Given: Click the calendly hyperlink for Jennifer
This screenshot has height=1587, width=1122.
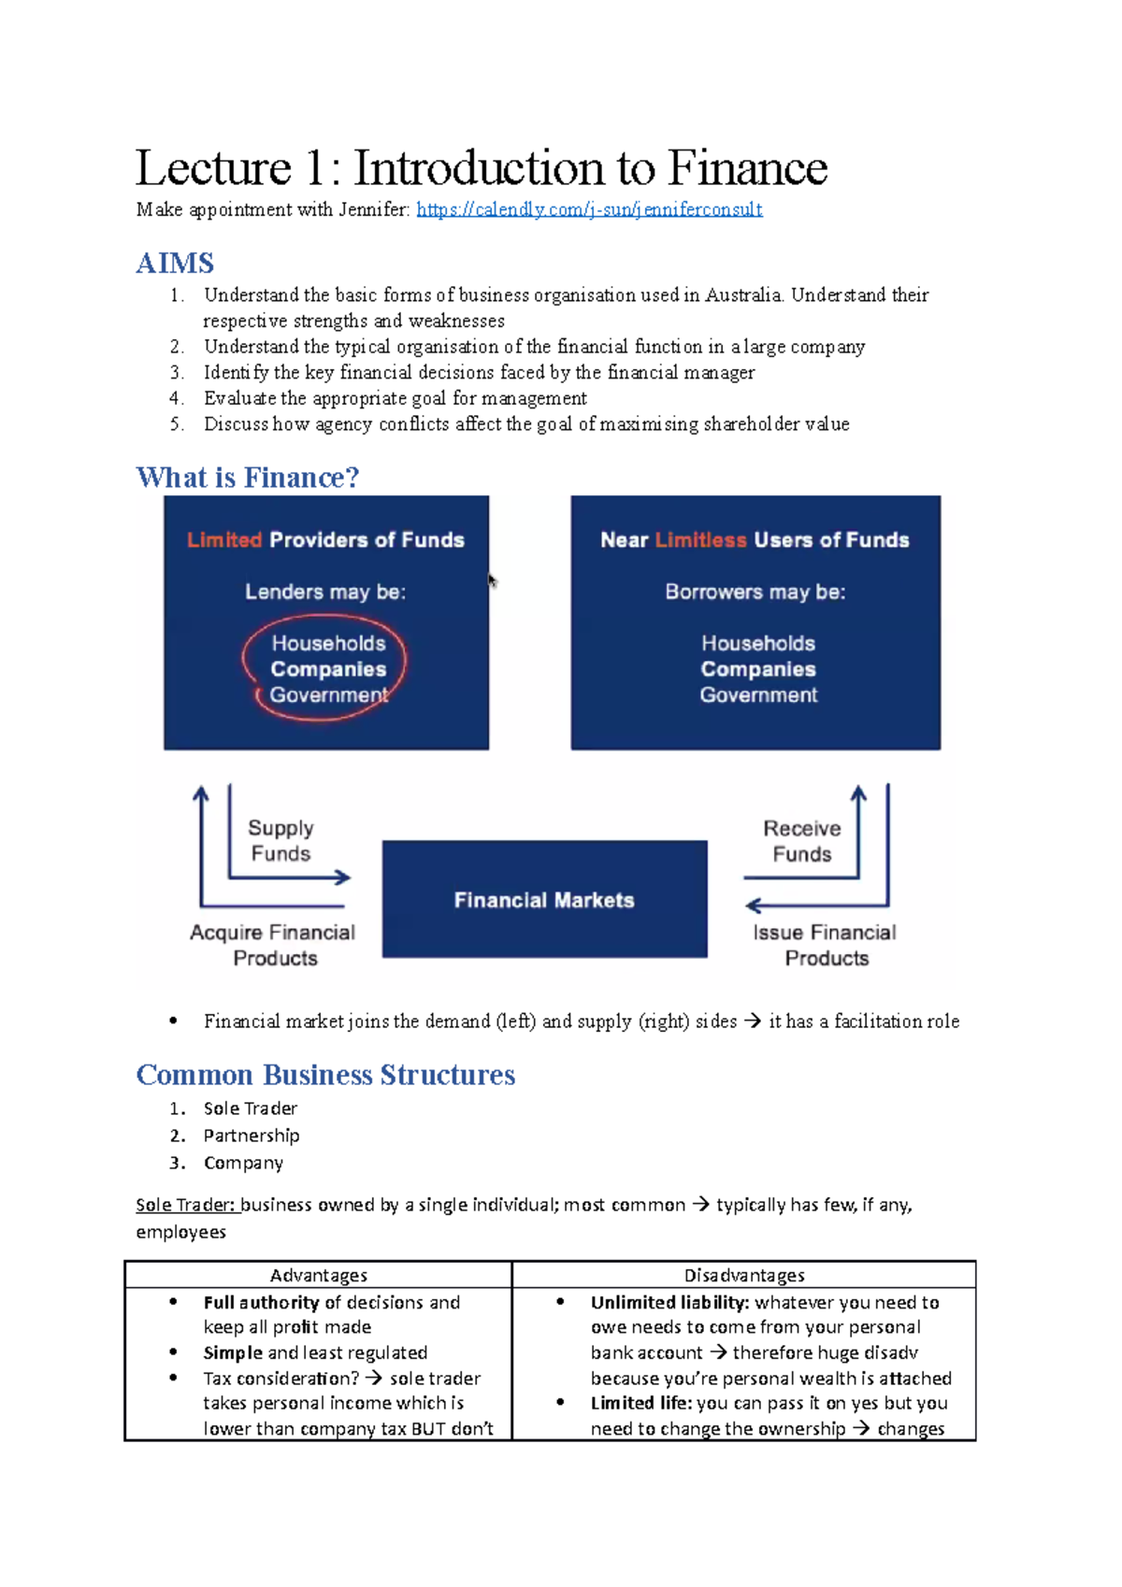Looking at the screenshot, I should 589,209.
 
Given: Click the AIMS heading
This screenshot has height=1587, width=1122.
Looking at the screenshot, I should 175,263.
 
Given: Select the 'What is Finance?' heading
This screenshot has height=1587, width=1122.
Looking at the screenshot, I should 248,478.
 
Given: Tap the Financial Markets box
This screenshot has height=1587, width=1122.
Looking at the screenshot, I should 544,899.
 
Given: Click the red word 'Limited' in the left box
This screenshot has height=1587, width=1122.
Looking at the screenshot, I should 224,540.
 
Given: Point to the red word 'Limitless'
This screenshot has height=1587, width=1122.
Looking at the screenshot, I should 701,540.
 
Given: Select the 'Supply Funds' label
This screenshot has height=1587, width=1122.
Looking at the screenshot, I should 280,840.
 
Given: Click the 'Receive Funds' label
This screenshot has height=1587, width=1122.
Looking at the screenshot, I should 801,840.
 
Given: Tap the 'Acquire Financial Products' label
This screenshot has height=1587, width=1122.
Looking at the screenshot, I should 273,945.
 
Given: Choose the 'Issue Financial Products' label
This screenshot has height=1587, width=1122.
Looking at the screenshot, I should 825,945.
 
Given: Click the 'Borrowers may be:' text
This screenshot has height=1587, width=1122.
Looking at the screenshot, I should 755,592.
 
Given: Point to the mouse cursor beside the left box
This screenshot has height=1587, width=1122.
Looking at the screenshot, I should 493,581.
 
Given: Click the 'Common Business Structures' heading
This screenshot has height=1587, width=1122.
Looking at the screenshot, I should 325,1075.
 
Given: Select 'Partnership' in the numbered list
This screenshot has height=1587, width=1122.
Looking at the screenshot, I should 252,1136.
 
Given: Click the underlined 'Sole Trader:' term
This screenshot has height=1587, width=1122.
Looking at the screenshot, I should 185,1205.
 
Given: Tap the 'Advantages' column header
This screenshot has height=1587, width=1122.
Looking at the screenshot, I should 319,1275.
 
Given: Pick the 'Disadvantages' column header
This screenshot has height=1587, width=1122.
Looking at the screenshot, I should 744,1275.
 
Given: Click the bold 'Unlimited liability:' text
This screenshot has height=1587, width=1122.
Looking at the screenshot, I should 669,1302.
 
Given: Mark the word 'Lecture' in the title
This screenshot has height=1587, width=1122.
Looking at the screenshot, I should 213,168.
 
